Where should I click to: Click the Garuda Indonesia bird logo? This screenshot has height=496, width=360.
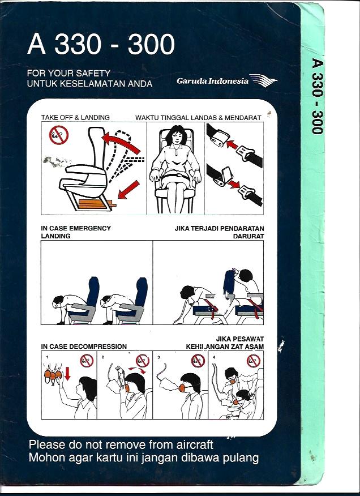263,80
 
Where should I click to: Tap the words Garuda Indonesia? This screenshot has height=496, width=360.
213,81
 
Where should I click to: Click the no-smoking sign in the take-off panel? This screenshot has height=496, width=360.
58,135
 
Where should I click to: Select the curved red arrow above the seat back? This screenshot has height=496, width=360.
121,142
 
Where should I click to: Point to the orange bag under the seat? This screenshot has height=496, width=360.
95,204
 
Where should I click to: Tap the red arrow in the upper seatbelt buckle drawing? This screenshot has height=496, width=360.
232,144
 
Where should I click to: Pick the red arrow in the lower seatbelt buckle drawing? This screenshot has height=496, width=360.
234,184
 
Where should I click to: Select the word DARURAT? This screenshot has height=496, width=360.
248,236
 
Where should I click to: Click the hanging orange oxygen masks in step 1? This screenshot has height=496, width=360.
53,375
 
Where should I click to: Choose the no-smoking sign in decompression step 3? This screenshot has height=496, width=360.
198,361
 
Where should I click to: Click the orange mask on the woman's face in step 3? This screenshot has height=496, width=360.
182,388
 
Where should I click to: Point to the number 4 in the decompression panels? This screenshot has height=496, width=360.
215,357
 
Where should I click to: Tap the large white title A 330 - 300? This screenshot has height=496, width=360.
101,44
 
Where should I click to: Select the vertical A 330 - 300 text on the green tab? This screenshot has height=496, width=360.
318,96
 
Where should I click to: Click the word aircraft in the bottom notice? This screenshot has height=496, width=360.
190,444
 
